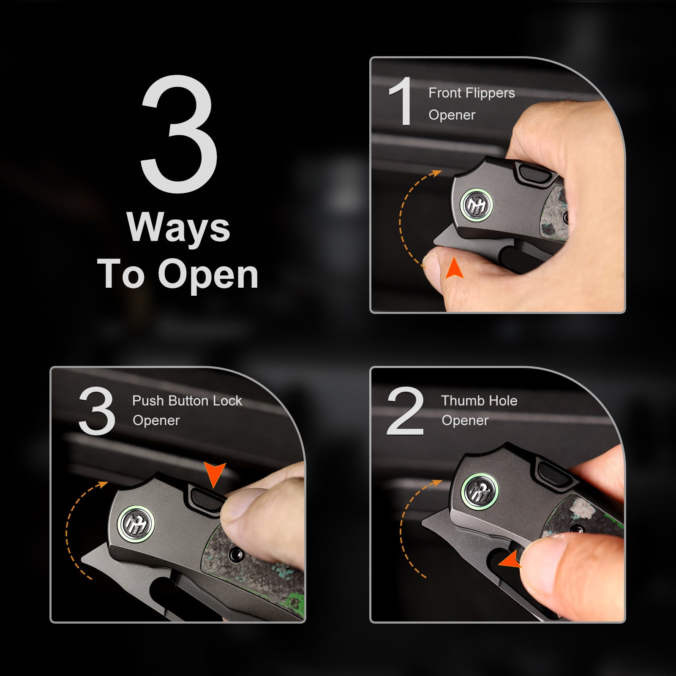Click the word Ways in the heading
pos(178,228)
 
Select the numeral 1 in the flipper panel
pos(401,101)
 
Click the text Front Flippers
pos(472,93)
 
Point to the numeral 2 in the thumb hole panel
pos(405,411)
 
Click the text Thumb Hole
pos(479,401)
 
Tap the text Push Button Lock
pos(187,401)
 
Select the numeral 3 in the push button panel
pos(97,411)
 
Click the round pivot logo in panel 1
pos(477,204)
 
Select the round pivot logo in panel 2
pos(480,491)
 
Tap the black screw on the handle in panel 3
pos(235,555)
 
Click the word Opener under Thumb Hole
pos(465,421)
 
